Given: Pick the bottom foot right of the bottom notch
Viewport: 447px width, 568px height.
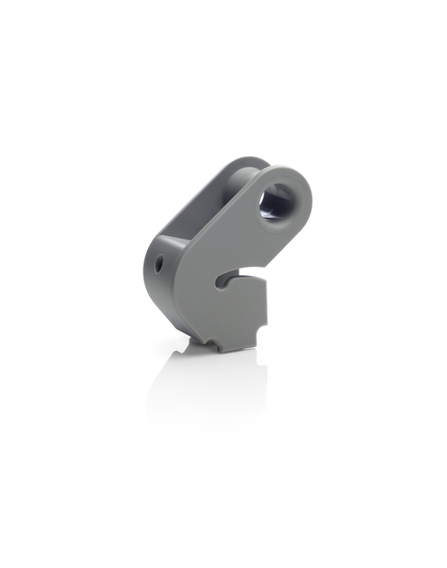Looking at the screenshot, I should [237, 342].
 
